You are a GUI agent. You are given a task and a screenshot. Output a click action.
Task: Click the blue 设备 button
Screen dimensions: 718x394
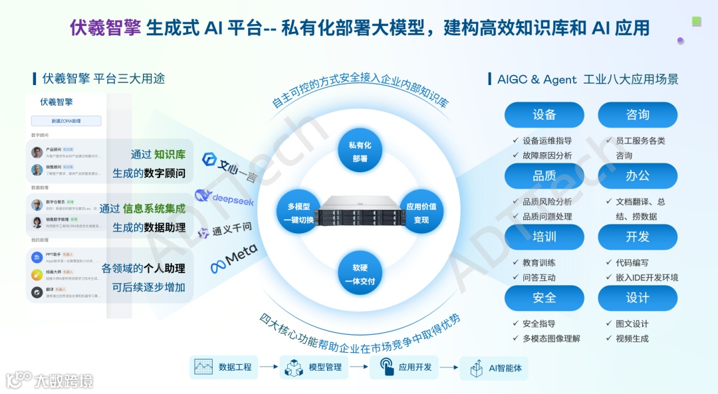tap(544, 115)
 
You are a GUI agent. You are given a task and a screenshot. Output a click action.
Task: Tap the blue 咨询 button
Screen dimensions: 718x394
tap(638, 115)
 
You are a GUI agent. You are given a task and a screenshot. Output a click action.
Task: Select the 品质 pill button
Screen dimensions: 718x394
tap(544, 176)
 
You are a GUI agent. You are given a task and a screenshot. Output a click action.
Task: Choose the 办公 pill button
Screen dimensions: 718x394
tap(638, 176)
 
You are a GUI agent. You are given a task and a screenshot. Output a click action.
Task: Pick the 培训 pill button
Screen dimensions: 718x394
tap(544, 237)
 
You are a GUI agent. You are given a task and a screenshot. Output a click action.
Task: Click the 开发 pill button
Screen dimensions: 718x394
tap(638, 237)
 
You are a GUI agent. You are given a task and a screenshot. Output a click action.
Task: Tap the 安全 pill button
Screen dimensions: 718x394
tap(544, 298)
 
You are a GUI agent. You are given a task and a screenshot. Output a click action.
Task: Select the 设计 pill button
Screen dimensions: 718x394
tap(638, 298)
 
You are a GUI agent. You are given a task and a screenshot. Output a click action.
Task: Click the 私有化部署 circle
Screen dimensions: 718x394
tap(360, 151)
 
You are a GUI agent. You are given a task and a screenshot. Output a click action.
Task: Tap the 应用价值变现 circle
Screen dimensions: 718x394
tap(421, 213)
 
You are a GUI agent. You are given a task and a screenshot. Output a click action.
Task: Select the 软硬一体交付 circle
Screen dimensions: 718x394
tap(360, 274)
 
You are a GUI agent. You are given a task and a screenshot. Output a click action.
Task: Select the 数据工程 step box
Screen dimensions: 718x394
tap(223, 367)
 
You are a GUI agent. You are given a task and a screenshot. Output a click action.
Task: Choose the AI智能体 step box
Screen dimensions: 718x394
tap(495, 367)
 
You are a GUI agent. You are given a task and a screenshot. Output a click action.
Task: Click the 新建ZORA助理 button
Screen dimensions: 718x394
tap(66, 122)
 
